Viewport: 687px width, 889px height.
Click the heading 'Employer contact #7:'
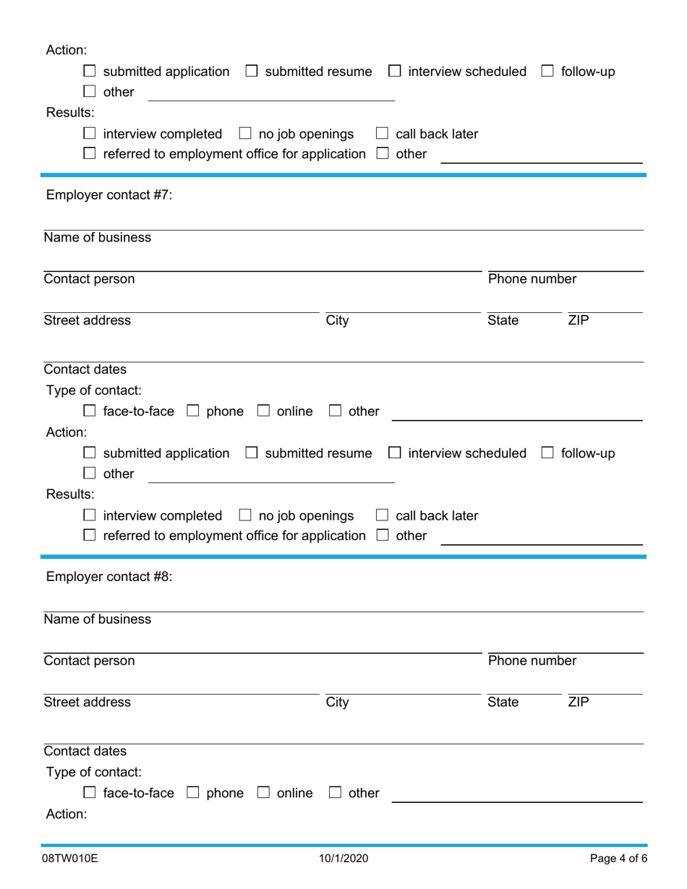coord(109,195)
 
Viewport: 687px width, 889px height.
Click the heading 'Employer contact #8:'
coord(109,577)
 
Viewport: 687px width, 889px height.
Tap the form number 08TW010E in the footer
coord(70,859)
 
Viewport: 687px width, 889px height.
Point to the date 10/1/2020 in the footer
coord(343,859)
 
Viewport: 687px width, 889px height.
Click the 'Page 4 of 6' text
coord(618,859)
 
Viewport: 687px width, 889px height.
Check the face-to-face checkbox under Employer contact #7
coord(90,411)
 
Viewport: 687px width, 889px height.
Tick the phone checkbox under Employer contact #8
coord(193,793)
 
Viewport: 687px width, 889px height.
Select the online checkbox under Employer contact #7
coord(264,411)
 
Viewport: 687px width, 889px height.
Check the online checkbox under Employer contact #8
coord(264,793)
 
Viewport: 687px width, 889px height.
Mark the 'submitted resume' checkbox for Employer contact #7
coord(252,453)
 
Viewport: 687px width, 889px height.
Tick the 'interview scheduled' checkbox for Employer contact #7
coord(395,453)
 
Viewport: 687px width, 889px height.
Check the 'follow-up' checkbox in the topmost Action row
coord(547,72)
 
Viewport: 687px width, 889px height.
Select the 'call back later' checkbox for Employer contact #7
coord(382,515)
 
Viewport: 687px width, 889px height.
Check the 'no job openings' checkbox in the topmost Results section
coord(245,134)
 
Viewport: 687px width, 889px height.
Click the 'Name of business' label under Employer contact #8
coord(98,619)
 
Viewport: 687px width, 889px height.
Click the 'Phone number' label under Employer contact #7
coord(532,279)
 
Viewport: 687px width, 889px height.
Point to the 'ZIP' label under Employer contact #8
coord(578,702)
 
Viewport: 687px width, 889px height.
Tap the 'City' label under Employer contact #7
coord(337,320)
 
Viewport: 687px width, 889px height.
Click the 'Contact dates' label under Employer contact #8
coord(85,751)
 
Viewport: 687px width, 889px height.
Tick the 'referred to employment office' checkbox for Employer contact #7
coord(90,536)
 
